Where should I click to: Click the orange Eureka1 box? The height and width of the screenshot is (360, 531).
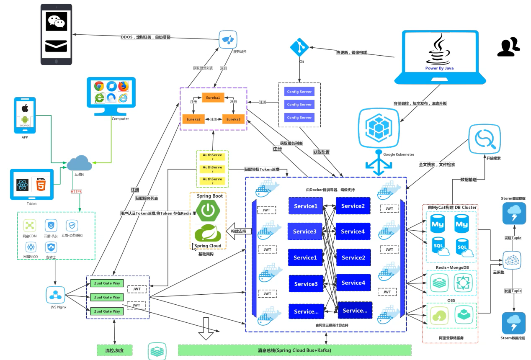pos(213,98)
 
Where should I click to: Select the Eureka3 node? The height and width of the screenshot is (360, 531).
pos(233,119)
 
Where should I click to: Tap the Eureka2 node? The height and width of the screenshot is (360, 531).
pos(193,119)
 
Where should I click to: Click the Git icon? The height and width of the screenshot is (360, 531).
pos(299,47)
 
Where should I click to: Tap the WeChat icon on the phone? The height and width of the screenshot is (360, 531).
pos(56,21)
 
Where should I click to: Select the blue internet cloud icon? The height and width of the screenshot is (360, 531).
pos(80,163)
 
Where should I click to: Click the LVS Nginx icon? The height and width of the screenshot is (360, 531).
pos(56,295)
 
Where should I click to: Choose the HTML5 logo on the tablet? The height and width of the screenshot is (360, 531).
pos(41,185)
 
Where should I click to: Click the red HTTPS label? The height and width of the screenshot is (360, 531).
pos(77,191)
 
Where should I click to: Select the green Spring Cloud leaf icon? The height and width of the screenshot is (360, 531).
pos(208,233)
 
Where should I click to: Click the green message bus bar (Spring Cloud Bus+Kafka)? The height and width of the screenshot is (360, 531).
pos(294,350)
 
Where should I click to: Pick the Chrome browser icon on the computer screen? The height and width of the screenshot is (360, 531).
pos(99,86)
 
